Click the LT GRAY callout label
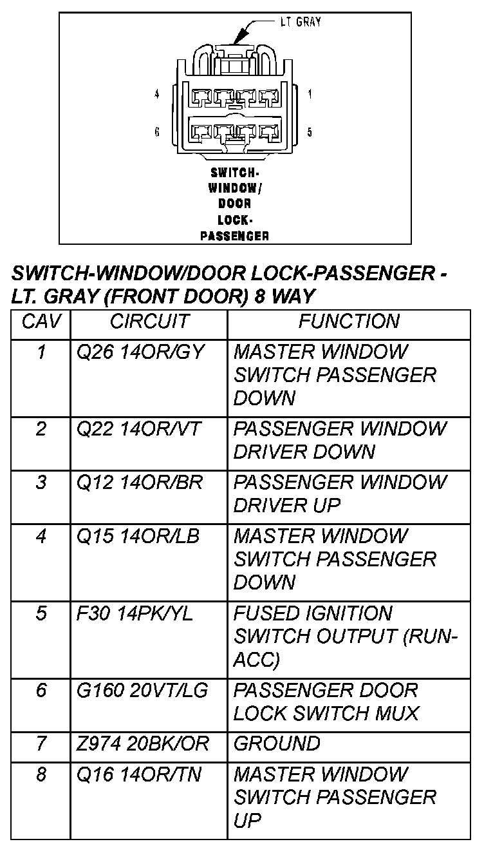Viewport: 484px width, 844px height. pos(301,22)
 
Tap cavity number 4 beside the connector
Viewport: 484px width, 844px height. pos(157,94)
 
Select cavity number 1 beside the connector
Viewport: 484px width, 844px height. pos(310,94)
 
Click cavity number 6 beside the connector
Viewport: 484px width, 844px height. pos(157,132)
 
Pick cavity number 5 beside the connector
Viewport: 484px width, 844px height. pos(310,132)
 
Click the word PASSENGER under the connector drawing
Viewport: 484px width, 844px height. pos(234,236)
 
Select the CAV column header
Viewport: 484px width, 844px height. pos(41,321)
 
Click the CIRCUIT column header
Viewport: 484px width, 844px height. pos(149,321)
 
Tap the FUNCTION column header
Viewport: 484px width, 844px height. pos(349,321)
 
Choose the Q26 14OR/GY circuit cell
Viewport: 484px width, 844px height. pos(140,352)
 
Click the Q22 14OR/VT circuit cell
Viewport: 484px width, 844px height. pos(140,429)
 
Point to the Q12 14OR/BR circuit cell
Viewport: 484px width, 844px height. pos(140,483)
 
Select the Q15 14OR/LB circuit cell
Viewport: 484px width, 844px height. pos(140,536)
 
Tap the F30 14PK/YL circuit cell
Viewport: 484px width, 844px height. pos(135,613)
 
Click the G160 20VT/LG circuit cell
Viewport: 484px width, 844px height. pos(142,691)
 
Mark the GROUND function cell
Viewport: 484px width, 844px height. pos(277,744)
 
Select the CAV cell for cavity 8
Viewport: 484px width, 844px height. pos(41,774)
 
